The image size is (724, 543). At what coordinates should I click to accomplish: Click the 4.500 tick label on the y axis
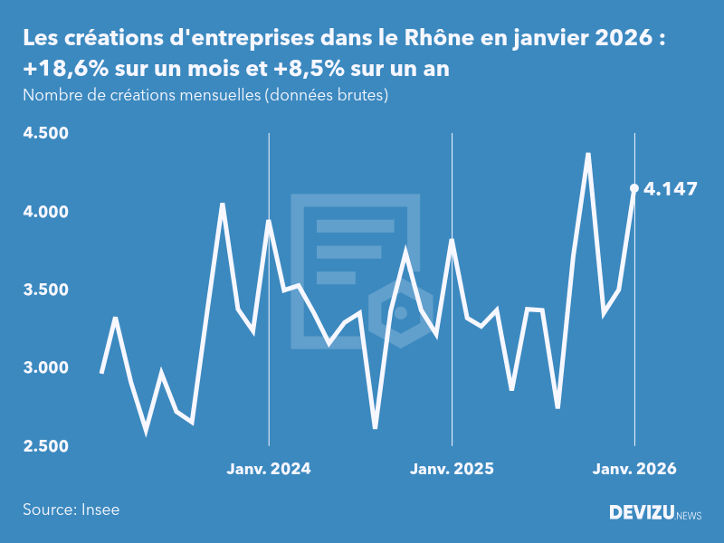(x=46, y=134)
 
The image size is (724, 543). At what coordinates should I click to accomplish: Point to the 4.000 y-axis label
(x=46, y=212)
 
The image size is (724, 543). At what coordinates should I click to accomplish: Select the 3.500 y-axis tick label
(x=46, y=290)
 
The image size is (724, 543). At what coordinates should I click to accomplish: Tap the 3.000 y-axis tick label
(x=46, y=368)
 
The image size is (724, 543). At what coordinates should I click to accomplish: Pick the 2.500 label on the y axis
(x=46, y=446)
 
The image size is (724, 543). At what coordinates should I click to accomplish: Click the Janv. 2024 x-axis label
(x=268, y=469)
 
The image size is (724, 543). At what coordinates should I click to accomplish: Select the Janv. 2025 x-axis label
(x=452, y=469)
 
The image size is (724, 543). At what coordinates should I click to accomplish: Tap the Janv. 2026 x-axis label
(x=634, y=469)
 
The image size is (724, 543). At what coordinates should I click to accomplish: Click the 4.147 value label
(x=672, y=189)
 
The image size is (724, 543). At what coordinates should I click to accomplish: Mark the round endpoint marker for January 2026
(x=634, y=188)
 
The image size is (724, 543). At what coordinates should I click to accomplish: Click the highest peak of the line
(x=588, y=155)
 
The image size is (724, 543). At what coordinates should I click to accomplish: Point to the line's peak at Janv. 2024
(x=268, y=221)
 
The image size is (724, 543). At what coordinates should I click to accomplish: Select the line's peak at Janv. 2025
(x=452, y=241)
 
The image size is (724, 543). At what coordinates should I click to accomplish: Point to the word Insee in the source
(x=100, y=510)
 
